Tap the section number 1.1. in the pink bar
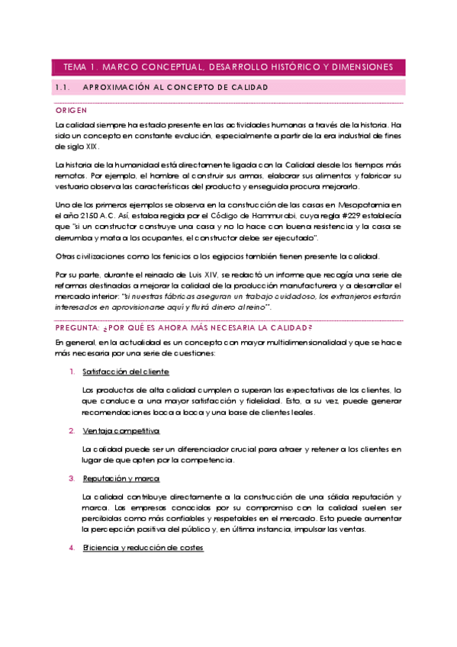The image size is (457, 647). pyautogui.click(x=63, y=88)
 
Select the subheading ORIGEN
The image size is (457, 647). pyautogui.click(x=71, y=111)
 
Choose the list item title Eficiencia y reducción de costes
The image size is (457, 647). pyautogui.click(x=143, y=549)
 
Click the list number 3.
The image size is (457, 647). pyautogui.click(x=71, y=478)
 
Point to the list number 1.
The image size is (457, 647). pyautogui.click(x=71, y=372)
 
